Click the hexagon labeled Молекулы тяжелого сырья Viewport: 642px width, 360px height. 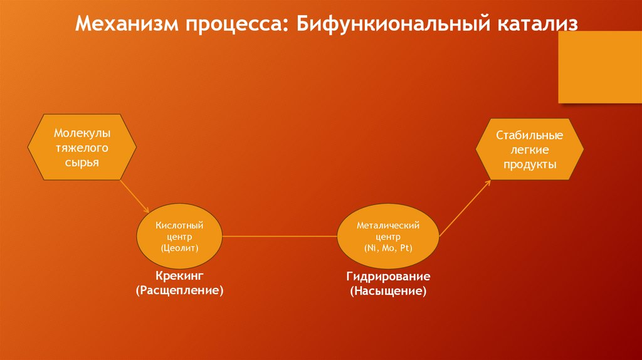[x=82, y=148]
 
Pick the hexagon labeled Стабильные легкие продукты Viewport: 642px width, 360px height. [x=529, y=150]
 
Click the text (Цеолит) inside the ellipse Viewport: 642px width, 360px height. [x=179, y=248]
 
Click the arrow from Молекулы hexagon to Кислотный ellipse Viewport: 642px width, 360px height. [x=134, y=196]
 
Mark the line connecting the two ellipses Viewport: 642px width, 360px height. [x=280, y=236]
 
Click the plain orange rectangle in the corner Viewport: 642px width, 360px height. [x=600, y=67]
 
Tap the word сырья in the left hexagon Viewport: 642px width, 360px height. [x=82, y=162]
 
